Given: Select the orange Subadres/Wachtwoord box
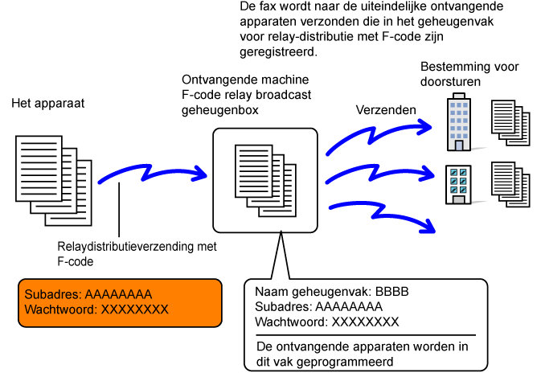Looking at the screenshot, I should point(120,302).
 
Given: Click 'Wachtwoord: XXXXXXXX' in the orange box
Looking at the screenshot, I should point(96,309).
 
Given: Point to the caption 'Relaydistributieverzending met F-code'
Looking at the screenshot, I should point(127,253).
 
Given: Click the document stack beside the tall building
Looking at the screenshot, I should point(511,122).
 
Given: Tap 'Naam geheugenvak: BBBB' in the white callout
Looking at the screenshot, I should point(332,292).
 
